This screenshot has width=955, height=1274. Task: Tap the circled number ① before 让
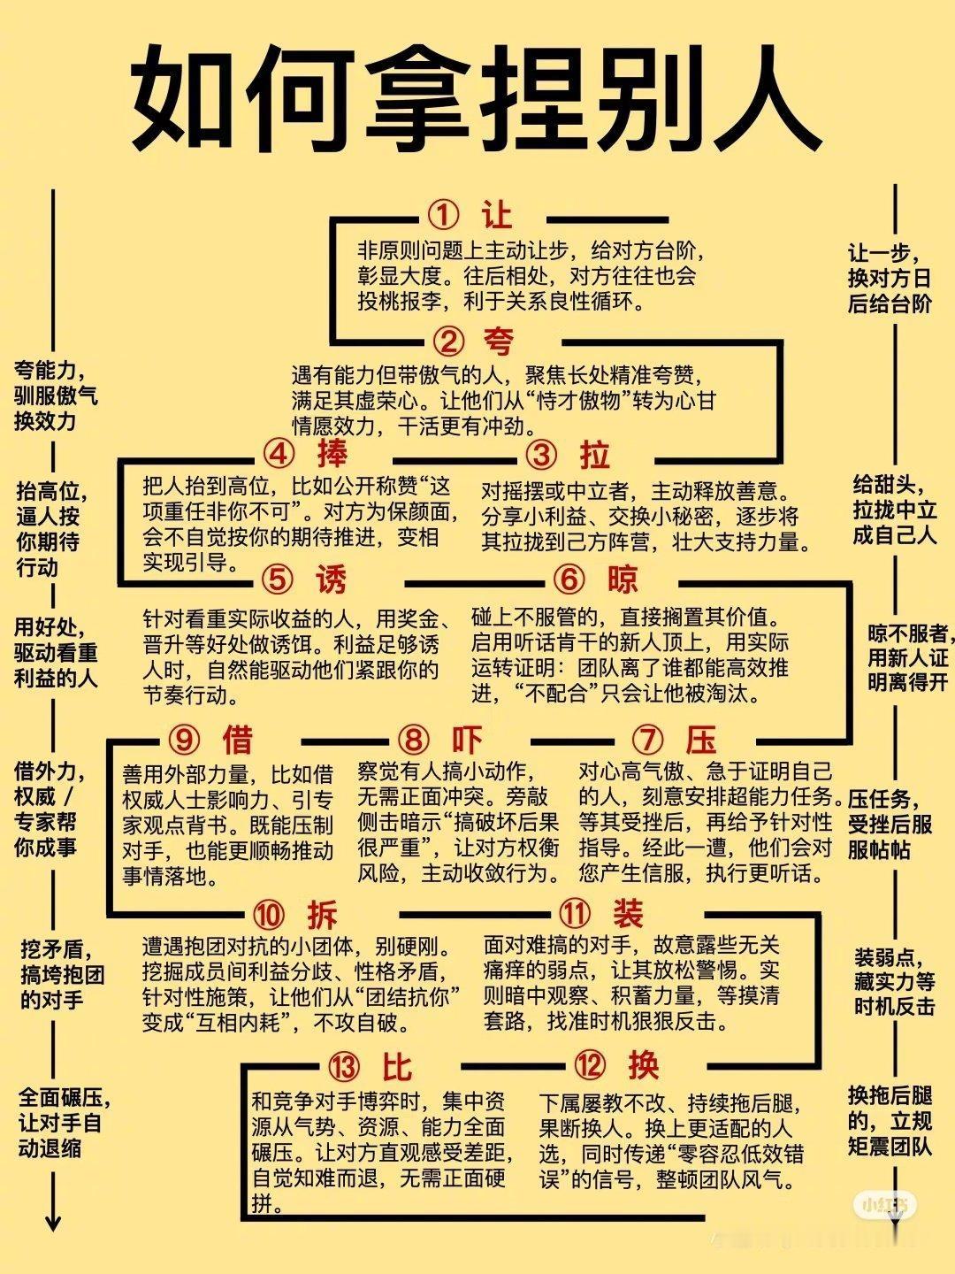coord(444,215)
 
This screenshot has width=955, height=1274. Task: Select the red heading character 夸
coord(498,341)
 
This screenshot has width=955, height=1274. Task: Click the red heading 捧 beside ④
coord(332,454)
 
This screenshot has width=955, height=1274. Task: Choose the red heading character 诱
coord(332,580)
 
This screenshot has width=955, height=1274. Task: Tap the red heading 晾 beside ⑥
coord(623,580)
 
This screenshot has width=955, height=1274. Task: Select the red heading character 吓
coord(466,740)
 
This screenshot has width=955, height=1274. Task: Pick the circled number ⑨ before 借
coord(183,740)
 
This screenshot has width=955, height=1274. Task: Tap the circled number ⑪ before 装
coord(575,914)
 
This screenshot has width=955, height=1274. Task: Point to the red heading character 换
coord(643,1065)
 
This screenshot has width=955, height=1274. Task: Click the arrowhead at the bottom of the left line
coord(53,1223)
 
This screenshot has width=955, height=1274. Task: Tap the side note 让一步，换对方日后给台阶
coord(890,279)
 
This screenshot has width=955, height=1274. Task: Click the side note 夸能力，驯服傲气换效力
coord(55,395)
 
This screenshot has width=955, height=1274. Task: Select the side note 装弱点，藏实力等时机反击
coord(894,981)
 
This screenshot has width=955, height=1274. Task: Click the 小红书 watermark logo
coord(885,1204)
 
